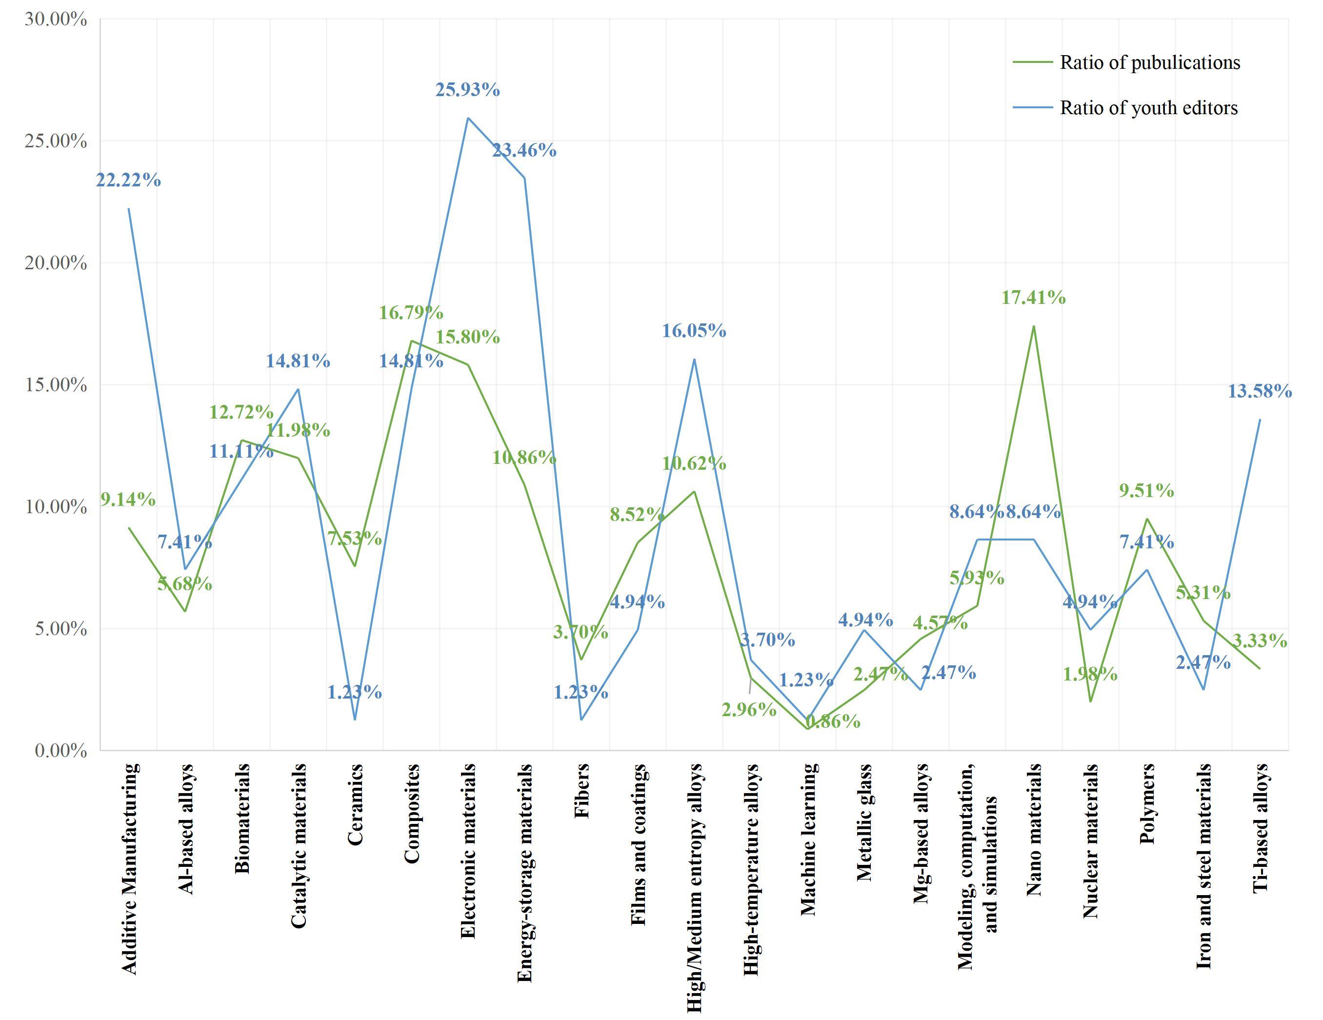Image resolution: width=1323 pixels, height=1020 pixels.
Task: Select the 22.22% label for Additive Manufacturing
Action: coord(128,180)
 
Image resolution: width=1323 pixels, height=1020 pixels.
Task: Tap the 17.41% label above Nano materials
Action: coord(1033,298)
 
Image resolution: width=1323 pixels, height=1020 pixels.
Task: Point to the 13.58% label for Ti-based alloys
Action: coord(1260,392)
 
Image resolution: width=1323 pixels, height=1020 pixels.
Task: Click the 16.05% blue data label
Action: coord(694,331)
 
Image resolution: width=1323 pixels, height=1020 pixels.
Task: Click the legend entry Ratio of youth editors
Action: coord(1148,108)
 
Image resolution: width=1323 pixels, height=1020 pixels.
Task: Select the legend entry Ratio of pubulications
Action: coord(1150,63)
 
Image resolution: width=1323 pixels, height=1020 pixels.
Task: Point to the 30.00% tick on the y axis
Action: coord(56,20)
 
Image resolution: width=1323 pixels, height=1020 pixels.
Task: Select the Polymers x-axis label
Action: coord(1147,804)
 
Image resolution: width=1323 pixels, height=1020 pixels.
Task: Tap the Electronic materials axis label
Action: coord(468,851)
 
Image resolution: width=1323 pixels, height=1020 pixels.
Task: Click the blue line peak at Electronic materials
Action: coord(468,118)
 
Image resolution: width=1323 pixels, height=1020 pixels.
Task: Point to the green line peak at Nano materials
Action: coord(1033,326)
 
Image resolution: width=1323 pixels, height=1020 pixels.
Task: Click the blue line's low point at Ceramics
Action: coord(355,720)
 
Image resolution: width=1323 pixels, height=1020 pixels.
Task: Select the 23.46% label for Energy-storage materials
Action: coord(524,150)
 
